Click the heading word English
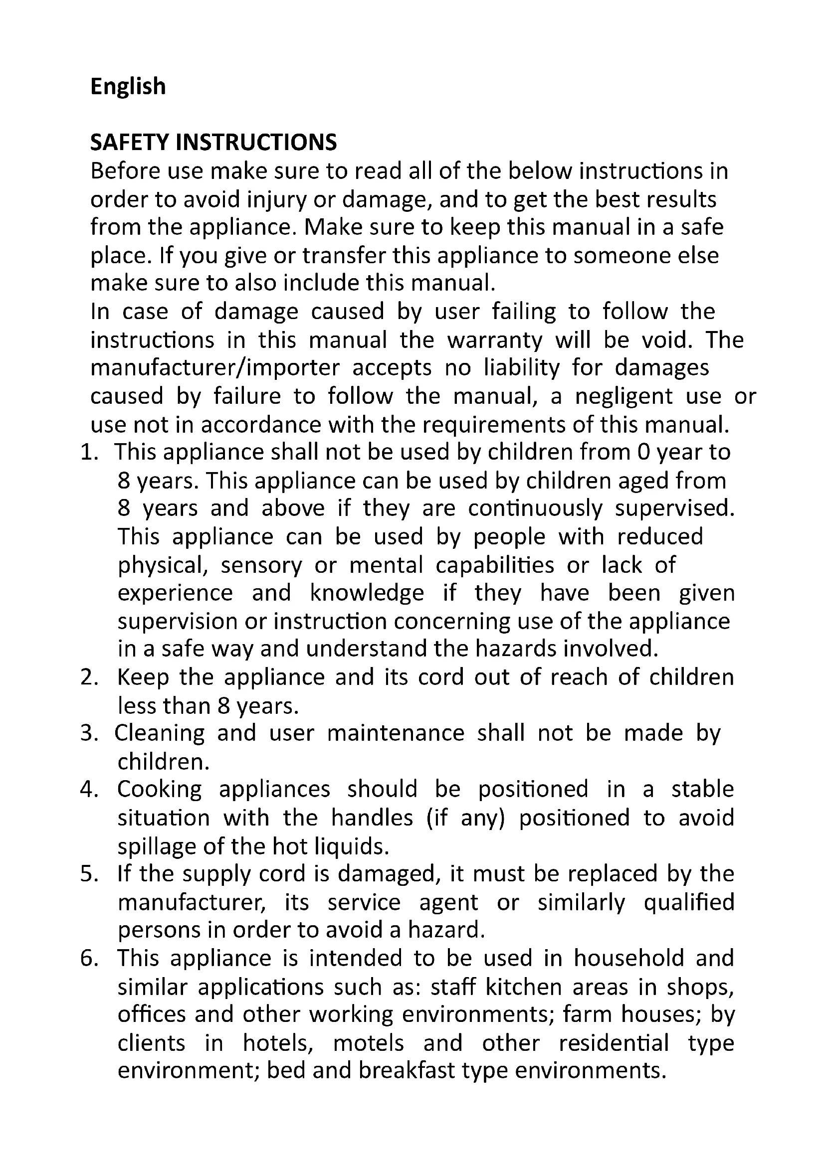[x=128, y=86]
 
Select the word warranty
[x=494, y=340]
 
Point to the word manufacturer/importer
[x=215, y=368]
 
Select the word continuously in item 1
[x=535, y=508]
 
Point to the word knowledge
[x=367, y=593]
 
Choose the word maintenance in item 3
[x=396, y=734]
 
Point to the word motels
[x=368, y=1043]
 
